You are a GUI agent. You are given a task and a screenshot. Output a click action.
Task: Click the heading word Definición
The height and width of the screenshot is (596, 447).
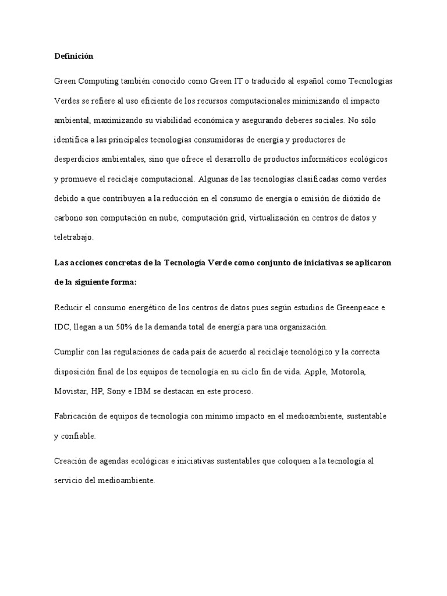point(73,56)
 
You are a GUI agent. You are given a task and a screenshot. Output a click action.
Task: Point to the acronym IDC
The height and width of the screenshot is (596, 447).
point(62,327)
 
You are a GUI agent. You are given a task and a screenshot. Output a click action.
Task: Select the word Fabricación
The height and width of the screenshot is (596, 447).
point(77,417)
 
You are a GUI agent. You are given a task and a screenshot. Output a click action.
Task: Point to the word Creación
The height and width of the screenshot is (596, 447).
point(72,462)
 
